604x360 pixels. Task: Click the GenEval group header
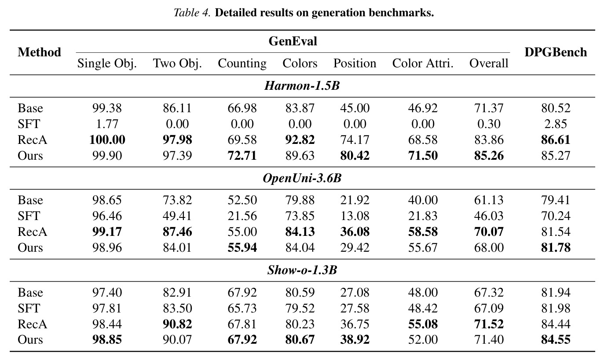tap(293, 41)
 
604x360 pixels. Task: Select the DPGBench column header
tap(556, 52)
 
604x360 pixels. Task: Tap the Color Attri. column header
tap(423, 63)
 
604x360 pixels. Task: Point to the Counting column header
tap(242, 64)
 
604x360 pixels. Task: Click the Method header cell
tap(39, 52)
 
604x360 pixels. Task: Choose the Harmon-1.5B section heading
tap(302, 86)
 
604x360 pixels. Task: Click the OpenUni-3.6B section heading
tap(302, 178)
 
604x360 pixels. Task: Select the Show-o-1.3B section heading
tap(302, 270)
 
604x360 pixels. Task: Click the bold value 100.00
tap(107, 140)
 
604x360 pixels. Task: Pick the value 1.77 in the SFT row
tap(107, 124)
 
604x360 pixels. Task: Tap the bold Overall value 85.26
tap(489, 156)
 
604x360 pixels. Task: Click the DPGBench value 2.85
tap(556, 124)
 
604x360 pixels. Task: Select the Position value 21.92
tap(355, 200)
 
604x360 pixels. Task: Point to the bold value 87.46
tap(177, 231)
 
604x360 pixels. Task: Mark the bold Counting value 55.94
tap(242, 247)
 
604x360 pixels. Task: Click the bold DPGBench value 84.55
tap(556, 339)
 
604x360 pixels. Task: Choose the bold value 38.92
tap(355, 339)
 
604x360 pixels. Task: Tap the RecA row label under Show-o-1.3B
tap(33, 324)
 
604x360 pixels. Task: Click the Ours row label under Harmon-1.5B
tap(30, 156)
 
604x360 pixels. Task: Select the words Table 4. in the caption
tap(192, 13)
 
